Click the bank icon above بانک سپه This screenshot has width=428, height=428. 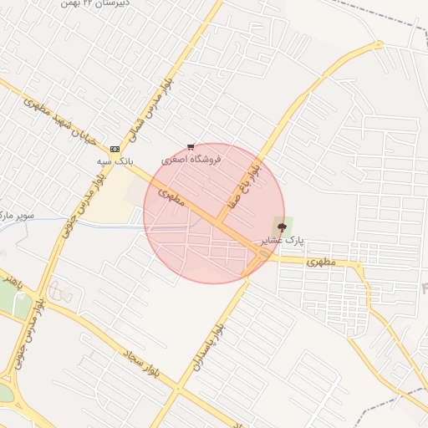tap(115, 149)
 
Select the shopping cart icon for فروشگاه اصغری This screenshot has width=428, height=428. tap(191, 147)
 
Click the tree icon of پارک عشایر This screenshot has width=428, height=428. tap(282, 225)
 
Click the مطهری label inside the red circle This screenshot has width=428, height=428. tap(169, 197)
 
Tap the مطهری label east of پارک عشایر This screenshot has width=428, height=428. tap(320, 262)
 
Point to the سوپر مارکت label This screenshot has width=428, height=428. tap(17, 216)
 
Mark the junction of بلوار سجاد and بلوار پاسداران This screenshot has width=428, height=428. tap(177, 388)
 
